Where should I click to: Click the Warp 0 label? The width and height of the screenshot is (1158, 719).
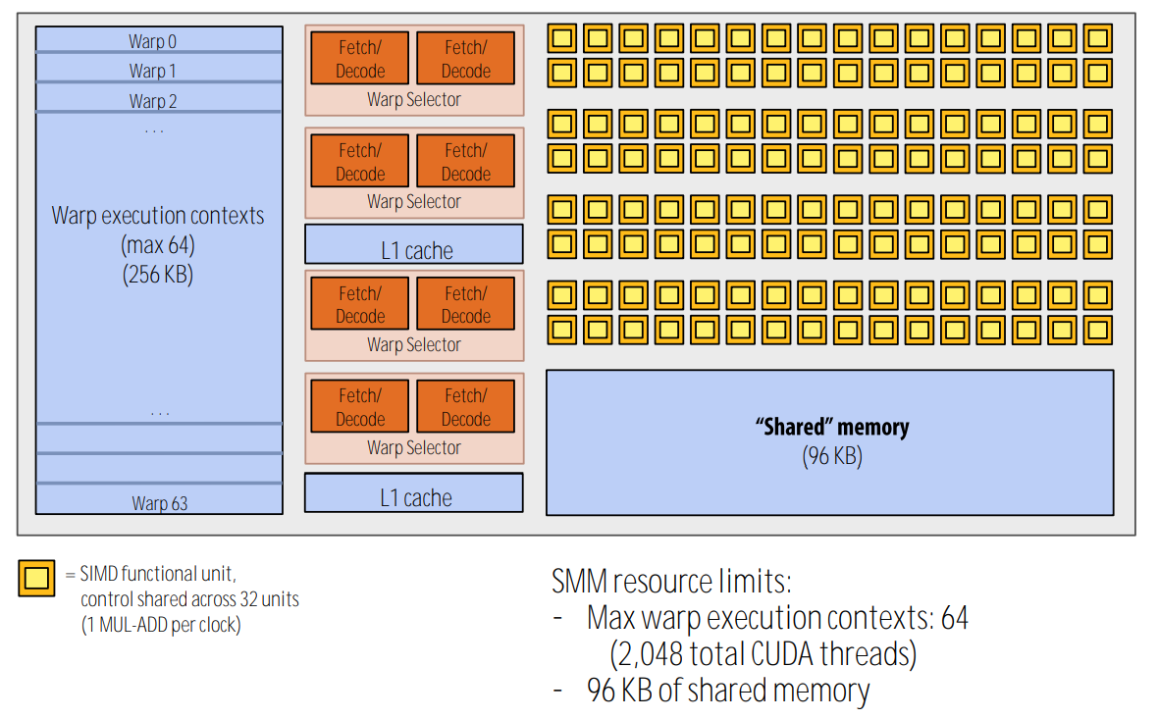coord(152,41)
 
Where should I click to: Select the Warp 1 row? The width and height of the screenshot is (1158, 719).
coord(152,71)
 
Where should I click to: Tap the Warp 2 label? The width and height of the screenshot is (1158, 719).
coord(152,101)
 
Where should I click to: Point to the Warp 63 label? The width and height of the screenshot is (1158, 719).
coord(159,503)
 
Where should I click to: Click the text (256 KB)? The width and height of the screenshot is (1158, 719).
coord(158,275)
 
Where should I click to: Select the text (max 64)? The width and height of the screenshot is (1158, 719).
coord(158,245)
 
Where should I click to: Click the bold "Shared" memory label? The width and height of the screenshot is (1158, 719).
coord(831,428)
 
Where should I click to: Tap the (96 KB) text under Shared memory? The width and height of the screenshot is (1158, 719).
coord(831,456)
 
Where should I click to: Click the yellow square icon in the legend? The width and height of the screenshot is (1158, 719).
coord(37,579)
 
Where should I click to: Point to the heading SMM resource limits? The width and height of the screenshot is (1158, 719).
coord(671,582)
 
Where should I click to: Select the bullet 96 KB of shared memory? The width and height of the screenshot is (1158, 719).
coord(727,691)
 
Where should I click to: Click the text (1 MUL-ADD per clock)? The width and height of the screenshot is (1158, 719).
coord(161,625)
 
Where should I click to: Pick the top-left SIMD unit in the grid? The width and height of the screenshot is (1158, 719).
coord(560,38)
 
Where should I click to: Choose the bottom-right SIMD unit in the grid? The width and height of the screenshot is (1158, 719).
coord(1098,329)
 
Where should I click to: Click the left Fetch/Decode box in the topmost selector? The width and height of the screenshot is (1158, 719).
coord(360,59)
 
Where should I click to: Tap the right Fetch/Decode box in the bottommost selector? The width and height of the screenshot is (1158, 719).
coord(466,407)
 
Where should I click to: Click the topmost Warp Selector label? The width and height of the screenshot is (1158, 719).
coord(413,99)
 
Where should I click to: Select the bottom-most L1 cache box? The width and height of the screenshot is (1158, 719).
coord(414,497)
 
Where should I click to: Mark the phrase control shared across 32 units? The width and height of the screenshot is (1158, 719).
coord(189,599)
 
